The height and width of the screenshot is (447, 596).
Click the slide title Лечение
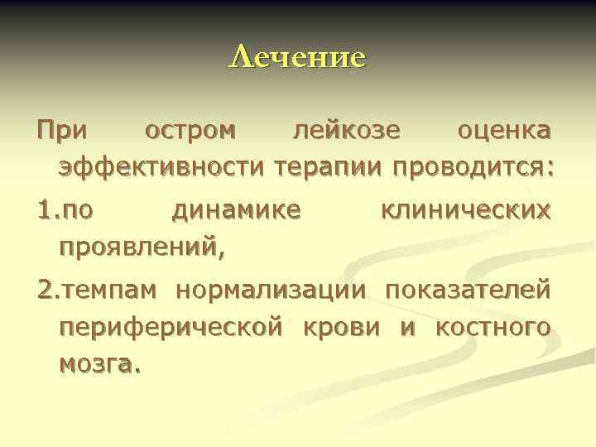tap(297, 57)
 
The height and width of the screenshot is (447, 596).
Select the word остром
tap(190, 131)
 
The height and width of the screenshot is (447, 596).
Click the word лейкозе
tap(348, 131)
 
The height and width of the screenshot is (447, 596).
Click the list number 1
tap(44, 209)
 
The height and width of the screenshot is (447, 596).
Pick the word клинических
tap(464, 209)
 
